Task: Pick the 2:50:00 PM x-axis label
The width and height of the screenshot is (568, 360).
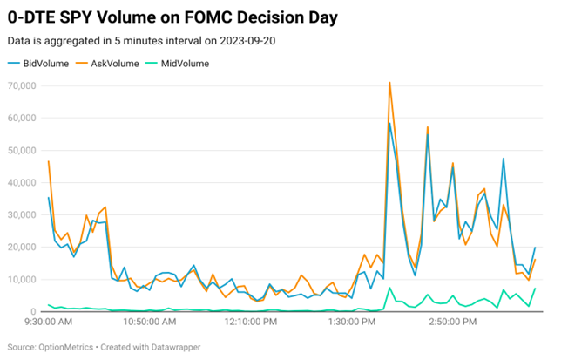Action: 451,323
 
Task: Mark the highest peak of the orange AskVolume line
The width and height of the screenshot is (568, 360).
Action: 389,83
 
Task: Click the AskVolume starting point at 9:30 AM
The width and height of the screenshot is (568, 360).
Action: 49,161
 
